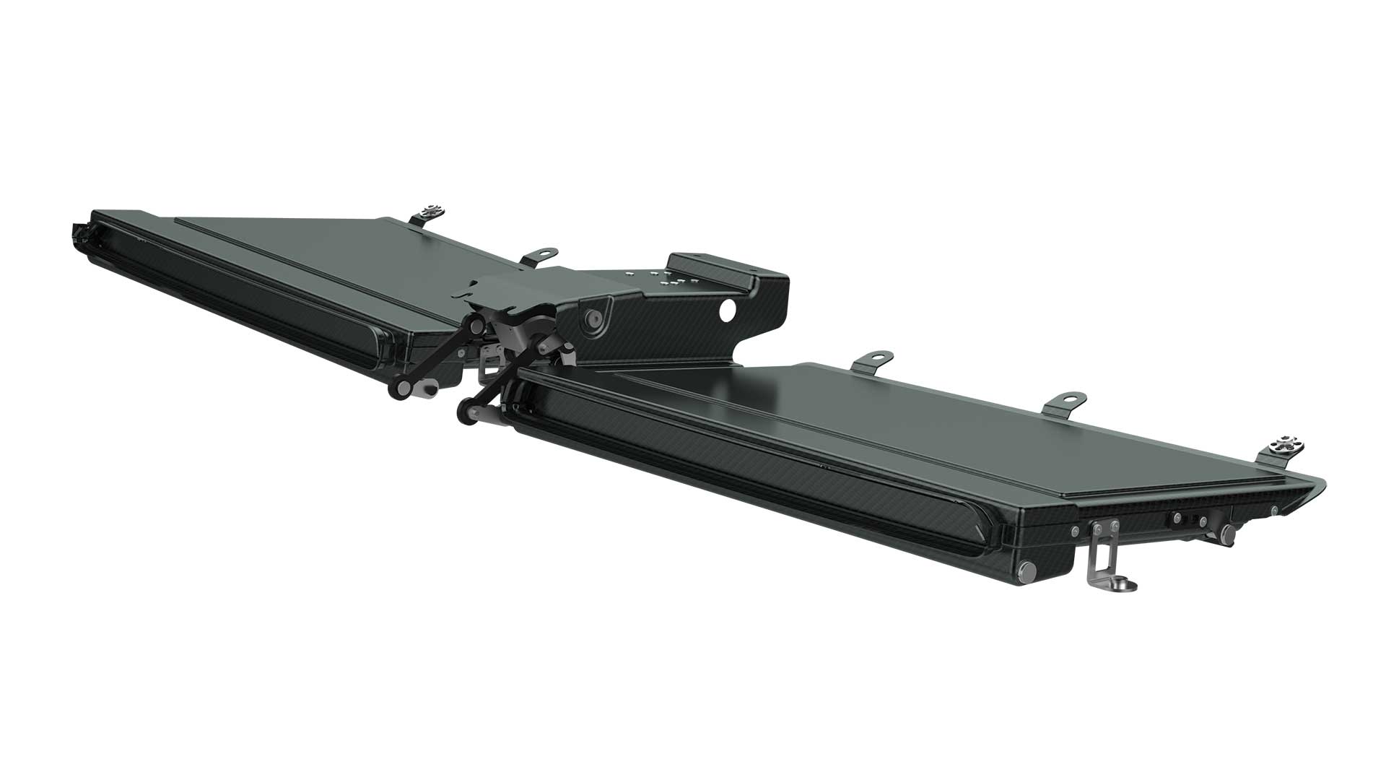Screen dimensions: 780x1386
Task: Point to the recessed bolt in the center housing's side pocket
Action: pos(593,316)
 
